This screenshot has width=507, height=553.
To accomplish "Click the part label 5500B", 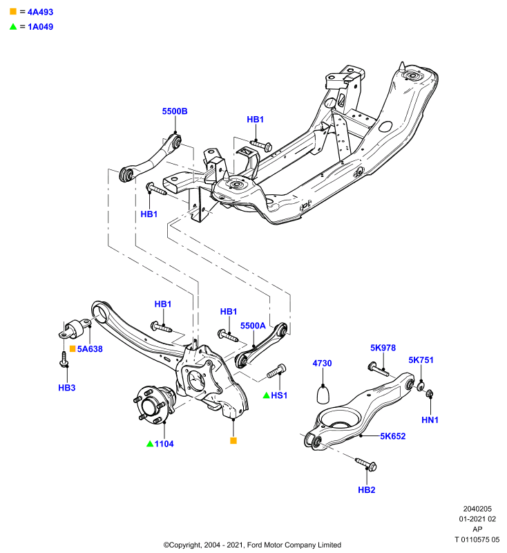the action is coord(174,111).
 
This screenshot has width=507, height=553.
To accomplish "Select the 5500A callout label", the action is coord(253,326).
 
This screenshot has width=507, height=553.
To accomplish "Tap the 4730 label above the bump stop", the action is coord(322,364).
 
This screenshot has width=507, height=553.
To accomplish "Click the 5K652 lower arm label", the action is coord(392,436).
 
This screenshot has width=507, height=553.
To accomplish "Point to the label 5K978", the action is coord(383,348).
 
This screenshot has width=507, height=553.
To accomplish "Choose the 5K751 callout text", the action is coord(421,360).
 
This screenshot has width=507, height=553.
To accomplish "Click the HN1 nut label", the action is coord(430,420).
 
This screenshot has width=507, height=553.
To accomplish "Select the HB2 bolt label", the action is coord(366,490).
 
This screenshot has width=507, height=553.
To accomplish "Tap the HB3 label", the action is coord(66,388).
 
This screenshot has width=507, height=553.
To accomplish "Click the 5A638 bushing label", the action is coord(90,349).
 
